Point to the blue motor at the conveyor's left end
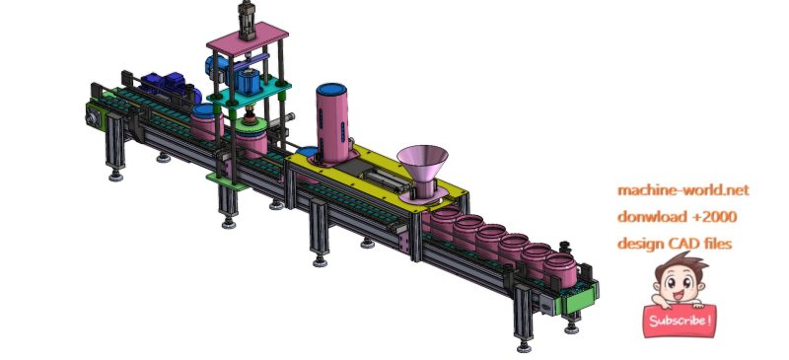157,83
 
